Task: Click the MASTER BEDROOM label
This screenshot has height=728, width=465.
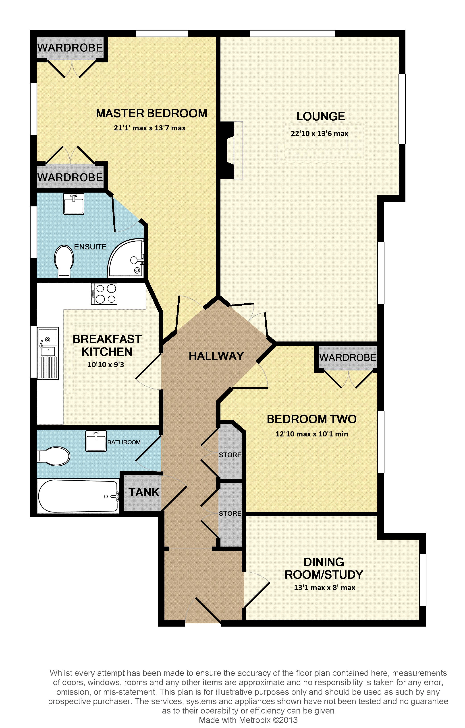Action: pyautogui.click(x=152, y=113)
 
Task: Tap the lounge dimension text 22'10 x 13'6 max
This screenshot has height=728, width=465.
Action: pyautogui.click(x=320, y=133)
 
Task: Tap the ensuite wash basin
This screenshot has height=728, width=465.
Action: pyautogui.click(x=73, y=204)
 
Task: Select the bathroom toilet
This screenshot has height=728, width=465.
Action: pyautogui.click(x=53, y=456)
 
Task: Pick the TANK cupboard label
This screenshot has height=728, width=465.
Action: pyautogui.click(x=144, y=492)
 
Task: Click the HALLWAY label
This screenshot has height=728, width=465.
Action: pyautogui.click(x=216, y=356)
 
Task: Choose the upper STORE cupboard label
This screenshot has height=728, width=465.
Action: pyautogui.click(x=230, y=455)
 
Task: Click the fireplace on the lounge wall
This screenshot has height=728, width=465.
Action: pyautogui.click(x=232, y=150)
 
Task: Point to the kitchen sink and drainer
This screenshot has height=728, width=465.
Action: pyautogui.click(x=48, y=353)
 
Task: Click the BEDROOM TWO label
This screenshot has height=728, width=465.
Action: pyautogui.click(x=312, y=419)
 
